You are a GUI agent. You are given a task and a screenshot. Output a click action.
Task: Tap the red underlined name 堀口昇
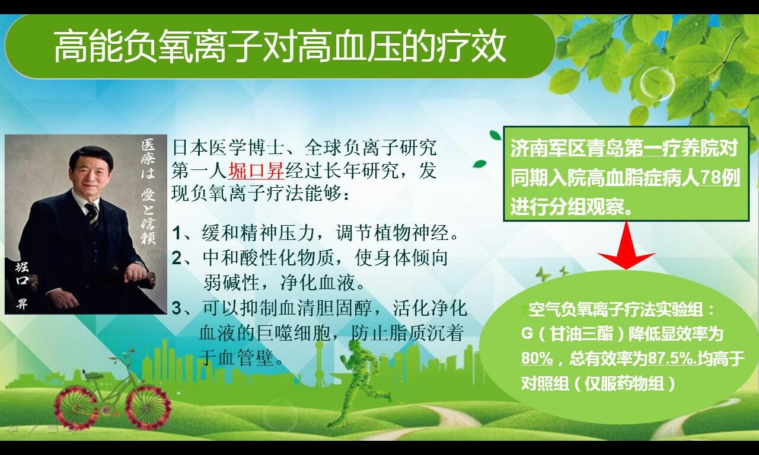click(256, 170)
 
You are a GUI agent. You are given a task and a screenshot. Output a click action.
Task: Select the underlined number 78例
click(719, 177)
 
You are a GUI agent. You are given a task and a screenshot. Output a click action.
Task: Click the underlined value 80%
click(537, 358)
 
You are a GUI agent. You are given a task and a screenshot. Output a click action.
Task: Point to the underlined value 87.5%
click(672, 358)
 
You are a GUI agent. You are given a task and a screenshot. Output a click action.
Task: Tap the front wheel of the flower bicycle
click(148, 408)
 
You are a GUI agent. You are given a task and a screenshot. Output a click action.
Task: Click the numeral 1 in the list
click(177, 233)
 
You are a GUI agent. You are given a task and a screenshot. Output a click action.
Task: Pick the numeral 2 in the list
click(177, 258)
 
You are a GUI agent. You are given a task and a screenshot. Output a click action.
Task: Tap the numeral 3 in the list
click(177, 309)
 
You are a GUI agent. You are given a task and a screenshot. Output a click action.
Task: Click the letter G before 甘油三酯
click(527, 334)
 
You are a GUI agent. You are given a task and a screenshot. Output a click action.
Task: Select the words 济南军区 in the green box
click(548, 149)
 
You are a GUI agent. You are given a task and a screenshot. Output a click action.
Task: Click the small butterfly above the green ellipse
click(543, 274)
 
